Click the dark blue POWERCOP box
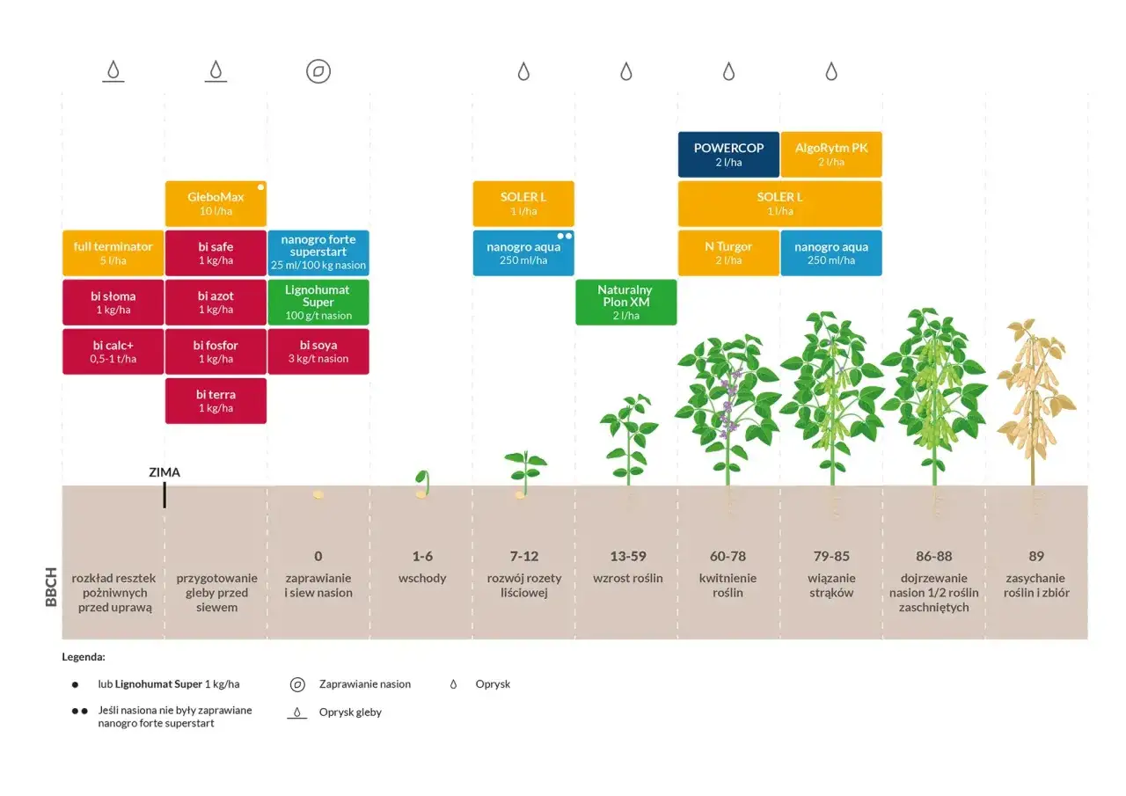[728, 155]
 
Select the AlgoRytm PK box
[831, 155]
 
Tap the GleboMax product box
[216, 204]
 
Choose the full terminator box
[113, 253]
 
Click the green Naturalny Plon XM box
[625, 303]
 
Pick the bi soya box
[318, 352]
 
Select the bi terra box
[216, 401]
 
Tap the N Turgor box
[728, 253]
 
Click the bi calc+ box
[113, 352]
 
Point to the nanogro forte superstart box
[318, 253]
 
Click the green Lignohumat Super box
[318, 303]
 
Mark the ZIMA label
[165, 472]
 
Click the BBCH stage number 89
[1035, 557]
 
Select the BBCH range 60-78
[728, 557]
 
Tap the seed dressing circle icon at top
[318, 71]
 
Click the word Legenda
[84, 656]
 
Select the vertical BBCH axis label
[50, 587]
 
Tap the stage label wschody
[422, 579]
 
